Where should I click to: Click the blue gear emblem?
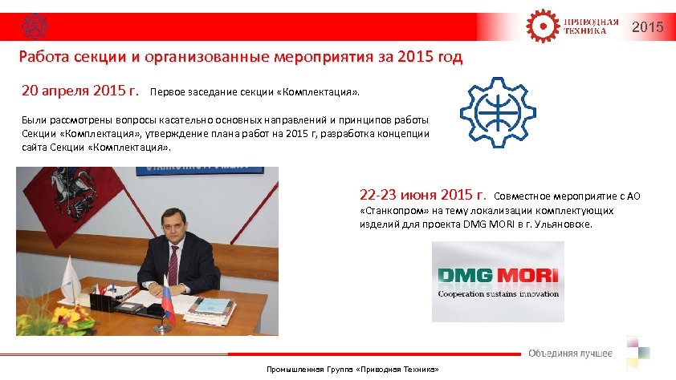(497, 115)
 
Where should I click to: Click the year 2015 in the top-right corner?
(648, 27)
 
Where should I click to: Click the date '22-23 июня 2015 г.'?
(423, 194)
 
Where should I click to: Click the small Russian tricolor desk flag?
(167, 293)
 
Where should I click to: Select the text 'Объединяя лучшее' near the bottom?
(570, 354)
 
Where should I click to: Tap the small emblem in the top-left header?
(34, 26)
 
